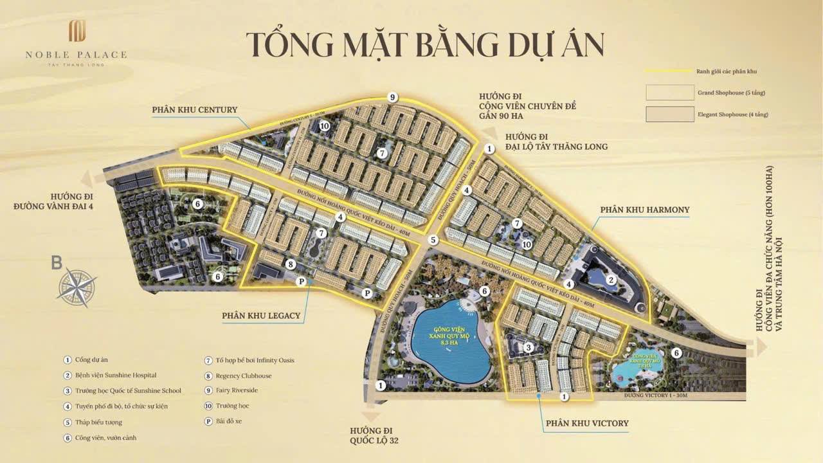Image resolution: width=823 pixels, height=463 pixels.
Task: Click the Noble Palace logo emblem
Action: point(78,31)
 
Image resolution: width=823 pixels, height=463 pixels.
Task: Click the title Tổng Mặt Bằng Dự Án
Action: point(425,44)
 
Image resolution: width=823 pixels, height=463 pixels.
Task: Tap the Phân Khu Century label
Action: point(194,110)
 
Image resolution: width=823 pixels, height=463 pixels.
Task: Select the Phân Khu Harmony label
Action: point(644,210)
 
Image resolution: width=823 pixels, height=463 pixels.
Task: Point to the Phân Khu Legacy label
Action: point(261,316)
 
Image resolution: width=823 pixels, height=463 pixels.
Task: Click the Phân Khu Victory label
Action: point(587,423)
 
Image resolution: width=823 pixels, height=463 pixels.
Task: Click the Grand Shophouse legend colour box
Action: point(669,93)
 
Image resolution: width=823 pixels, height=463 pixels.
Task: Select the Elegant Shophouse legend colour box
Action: point(669,114)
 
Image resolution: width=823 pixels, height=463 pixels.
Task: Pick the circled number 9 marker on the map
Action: point(392,97)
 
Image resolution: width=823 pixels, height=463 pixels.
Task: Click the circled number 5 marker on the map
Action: point(433,240)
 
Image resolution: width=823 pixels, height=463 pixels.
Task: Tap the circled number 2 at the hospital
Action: point(612,279)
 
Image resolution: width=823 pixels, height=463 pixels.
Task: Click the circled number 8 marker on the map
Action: point(291,264)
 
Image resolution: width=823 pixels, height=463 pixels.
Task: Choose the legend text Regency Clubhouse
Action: point(244,376)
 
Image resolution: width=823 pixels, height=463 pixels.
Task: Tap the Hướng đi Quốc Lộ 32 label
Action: point(372,435)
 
